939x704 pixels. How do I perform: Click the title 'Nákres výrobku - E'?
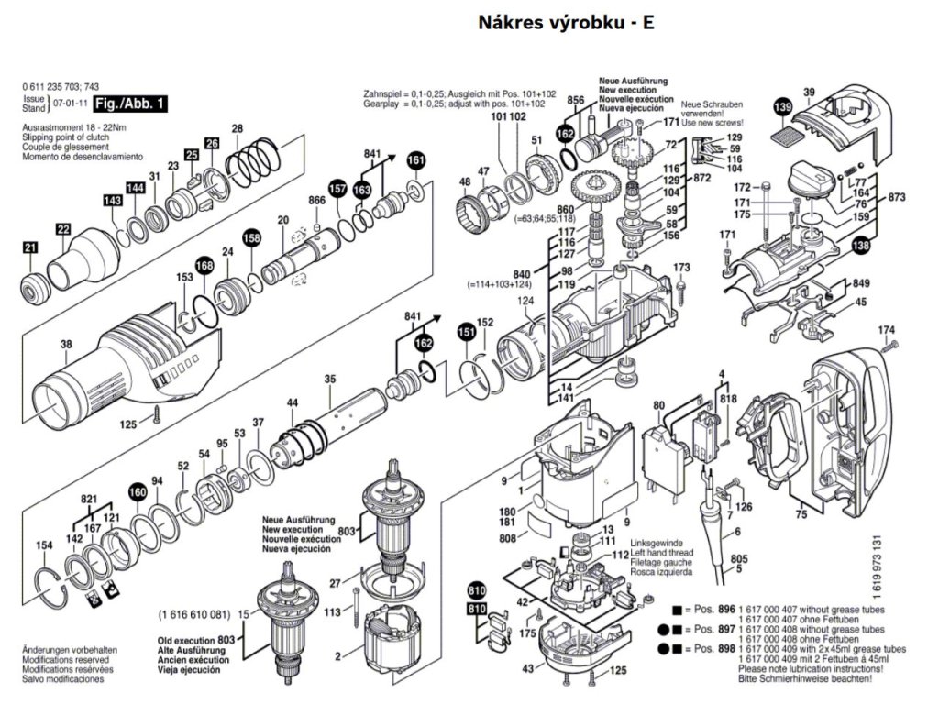[x=566, y=22]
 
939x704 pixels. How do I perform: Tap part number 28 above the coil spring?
[x=237, y=128]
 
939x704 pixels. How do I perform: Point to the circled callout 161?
[x=416, y=159]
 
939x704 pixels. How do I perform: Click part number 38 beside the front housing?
[x=66, y=345]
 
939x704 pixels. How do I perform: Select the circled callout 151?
[x=467, y=331]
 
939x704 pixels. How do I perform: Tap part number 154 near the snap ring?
[x=43, y=546]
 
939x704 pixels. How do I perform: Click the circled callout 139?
[x=781, y=108]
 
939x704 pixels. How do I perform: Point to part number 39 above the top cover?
[x=809, y=92]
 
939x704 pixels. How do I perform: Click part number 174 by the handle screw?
[x=886, y=330]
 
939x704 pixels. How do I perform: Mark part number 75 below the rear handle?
[x=801, y=515]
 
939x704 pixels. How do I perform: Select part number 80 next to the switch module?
[x=658, y=405]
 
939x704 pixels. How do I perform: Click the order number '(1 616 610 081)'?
[x=195, y=613]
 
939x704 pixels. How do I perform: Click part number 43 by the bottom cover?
[x=528, y=670]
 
